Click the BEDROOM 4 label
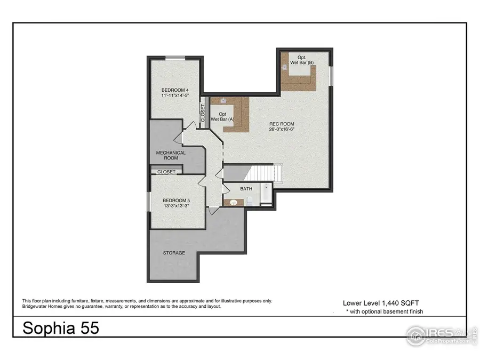pyautogui.click(x=175, y=90)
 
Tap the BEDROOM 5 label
pyautogui.click(x=176, y=201)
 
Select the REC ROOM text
pyautogui.click(x=281, y=124)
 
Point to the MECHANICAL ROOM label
pyautogui.click(x=171, y=155)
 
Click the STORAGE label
pyautogui.click(x=174, y=252)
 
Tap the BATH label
pyautogui.click(x=246, y=189)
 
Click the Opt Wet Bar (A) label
pyautogui.click(x=222, y=117)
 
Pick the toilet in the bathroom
pyautogui.click(x=249, y=202)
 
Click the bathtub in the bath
pyautogui.click(x=266, y=195)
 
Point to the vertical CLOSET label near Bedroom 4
pyautogui.click(x=203, y=112)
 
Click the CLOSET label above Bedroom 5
pyautogui.click(x=166, y=172)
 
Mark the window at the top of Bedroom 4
pyautogui.click(x=175, y=57)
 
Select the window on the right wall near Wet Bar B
pyautogui.click(x=331, y=75)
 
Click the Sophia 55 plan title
pyautogui.click(x=60, y=328)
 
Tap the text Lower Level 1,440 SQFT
pyautogui.click(x=381, y=301)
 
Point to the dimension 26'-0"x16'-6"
pyautogui.click(x=281, y=129)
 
